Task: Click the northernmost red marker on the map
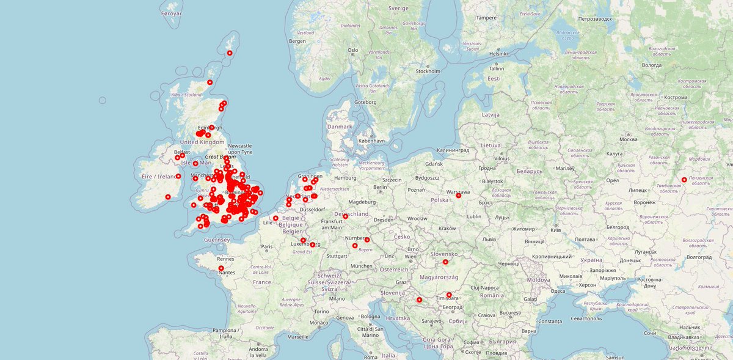[230, 53]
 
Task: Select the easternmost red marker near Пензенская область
[684, 180]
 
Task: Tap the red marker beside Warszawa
[458, 196]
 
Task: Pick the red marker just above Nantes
[221, 268]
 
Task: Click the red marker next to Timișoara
[449, 295]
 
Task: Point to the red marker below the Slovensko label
[445, 262]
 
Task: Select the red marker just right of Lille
[275, 218]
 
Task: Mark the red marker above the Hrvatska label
[419, 299]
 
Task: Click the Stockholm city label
[428, 72]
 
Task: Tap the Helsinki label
[498, 54]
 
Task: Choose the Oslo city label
[352, 50]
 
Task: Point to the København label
[372, 141]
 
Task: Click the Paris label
[267, 247]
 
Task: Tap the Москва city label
[628, 140]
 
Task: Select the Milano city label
[337, 299]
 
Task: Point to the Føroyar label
[172, 13]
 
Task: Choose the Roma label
[370, 357]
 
